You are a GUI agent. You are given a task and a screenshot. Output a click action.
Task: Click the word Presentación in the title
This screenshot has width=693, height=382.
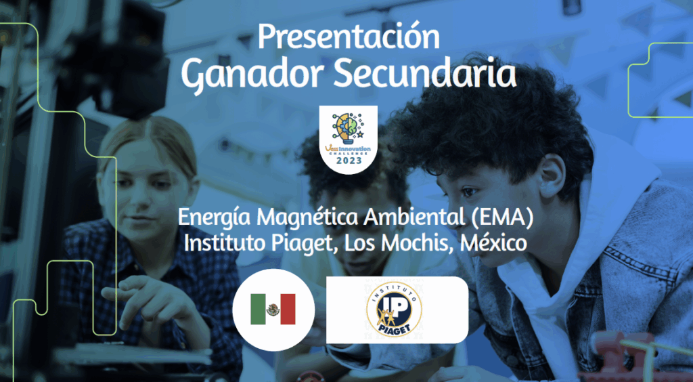tap(349, 37)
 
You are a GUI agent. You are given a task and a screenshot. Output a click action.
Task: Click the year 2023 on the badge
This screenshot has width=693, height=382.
tap(349, 161)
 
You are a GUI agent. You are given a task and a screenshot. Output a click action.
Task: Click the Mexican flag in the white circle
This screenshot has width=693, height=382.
tap(273, 309)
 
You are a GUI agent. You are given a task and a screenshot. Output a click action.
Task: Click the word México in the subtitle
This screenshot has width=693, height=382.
tap(493, 242)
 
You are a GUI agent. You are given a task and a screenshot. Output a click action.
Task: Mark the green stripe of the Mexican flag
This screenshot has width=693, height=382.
tap(258, 309)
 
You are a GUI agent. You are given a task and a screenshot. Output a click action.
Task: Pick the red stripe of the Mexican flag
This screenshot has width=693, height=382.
tap(288, 309)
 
